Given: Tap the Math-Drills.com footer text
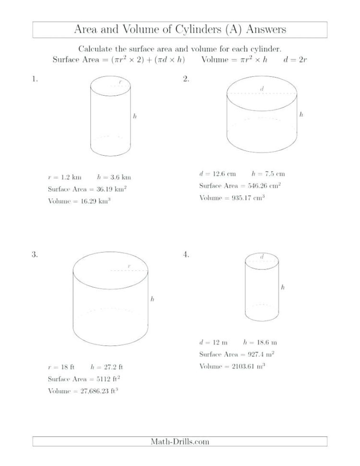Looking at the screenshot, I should point(180,441).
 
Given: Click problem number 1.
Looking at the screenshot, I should point(34,80).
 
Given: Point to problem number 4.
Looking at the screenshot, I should point(186,255).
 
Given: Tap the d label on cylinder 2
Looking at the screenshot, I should point(262,88).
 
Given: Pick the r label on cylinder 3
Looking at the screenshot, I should point(129,266).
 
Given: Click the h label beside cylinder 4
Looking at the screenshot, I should point(283,287).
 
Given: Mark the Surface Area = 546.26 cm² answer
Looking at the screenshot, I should point(240,186).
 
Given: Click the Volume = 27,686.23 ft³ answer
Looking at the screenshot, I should point(84,391).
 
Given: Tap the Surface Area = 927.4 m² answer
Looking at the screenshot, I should point(237,355).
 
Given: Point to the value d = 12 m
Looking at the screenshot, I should point(213,343).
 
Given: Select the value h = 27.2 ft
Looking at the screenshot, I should point(113,367).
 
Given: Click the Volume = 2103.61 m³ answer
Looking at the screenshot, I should point(233,367).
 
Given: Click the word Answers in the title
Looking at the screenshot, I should point(265,29).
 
